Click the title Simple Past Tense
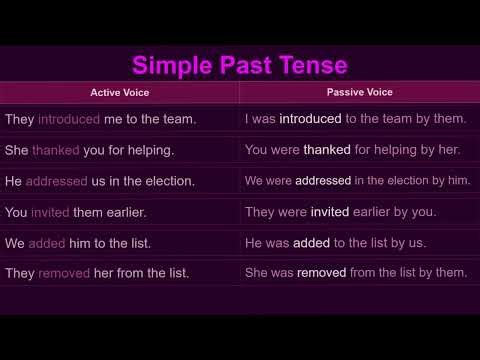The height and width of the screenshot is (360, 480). tap(240, 66)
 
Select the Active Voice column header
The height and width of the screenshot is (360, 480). tap(119, 92)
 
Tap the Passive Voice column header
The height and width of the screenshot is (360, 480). tap(359, 92)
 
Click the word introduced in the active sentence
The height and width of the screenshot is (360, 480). tap(69, 119)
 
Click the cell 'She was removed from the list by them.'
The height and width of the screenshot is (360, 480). tap(356, 272)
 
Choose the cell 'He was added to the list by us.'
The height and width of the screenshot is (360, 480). tap(335, 242)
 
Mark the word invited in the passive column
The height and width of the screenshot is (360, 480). tap(330, 212)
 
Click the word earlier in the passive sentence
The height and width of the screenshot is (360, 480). tap(377, 212)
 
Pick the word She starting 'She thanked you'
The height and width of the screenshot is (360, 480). tap(16, 150)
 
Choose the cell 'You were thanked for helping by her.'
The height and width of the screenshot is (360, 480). tap(351, 150)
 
